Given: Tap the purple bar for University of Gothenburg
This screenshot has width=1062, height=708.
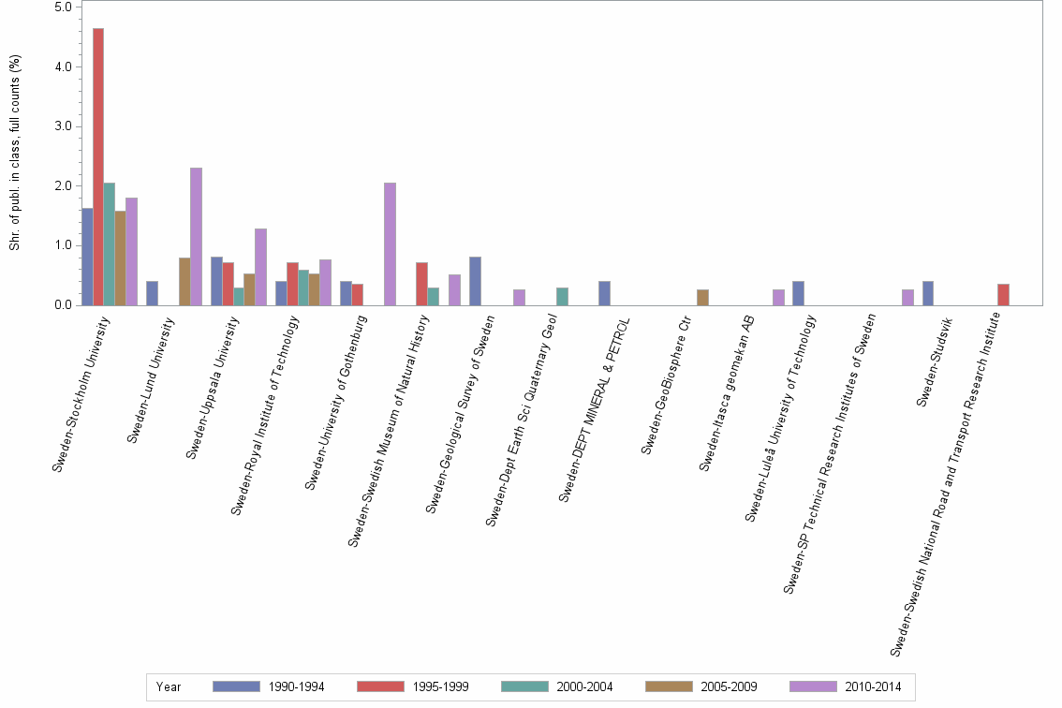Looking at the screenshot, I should coord(390,243).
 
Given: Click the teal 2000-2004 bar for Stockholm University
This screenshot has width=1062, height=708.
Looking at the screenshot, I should coord(110,243).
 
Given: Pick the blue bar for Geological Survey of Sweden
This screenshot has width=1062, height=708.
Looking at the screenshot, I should coord(475,281).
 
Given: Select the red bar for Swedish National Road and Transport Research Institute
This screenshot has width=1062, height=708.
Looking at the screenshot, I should coord(1003,294).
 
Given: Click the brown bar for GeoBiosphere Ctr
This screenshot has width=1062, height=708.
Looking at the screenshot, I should coord(702,297).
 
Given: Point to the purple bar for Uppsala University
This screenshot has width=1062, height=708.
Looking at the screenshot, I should coord(260,267).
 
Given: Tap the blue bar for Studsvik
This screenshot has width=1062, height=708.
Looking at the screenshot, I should coord(927,293).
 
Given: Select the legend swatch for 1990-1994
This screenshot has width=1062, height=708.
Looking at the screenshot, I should coord(236,686).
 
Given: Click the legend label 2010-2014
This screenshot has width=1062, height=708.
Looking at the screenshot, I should coord(873,686).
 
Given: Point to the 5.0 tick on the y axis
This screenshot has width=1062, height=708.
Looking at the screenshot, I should coord(63,7).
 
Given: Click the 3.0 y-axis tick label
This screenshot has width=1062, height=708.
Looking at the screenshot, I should coord(63,126).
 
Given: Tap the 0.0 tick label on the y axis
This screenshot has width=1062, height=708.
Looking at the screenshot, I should coord(63,305).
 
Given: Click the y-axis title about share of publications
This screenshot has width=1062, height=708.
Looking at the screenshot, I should coord(14,153).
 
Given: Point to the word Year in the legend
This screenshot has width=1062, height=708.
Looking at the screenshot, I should coord(169,686).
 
